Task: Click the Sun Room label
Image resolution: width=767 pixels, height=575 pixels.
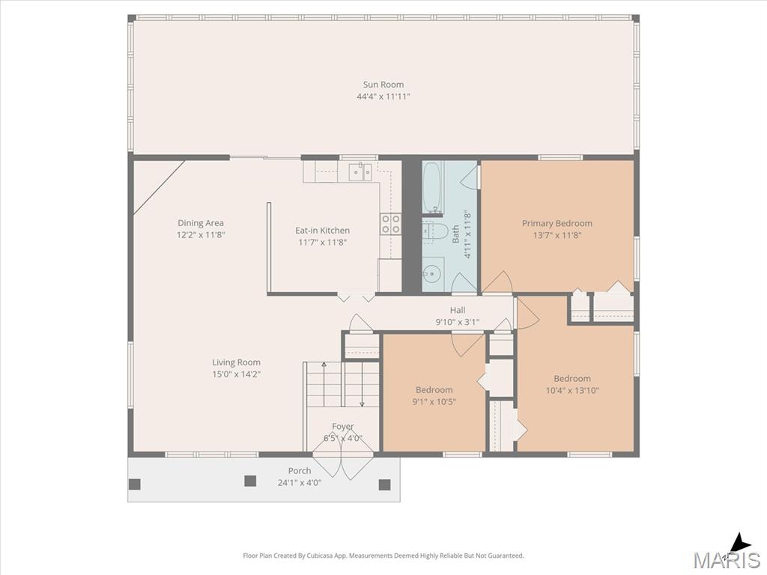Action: pos(383,85)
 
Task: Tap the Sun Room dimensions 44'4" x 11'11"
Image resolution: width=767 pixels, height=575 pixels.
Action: pos(383,97)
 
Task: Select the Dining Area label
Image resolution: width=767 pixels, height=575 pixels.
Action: pos(201,223)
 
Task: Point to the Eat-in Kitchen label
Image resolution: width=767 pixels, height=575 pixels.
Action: pos(322,231)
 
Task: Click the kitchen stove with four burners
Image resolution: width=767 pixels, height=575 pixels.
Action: pos(391,225)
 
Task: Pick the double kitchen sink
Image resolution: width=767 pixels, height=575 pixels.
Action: pos(360,171)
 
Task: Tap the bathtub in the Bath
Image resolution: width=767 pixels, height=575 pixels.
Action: pos(432,188)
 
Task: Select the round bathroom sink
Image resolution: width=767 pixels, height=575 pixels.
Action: pos(432,274)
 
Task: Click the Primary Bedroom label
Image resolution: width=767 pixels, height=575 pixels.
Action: pos(557,223)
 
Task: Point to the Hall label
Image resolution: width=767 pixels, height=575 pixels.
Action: pos(458,310)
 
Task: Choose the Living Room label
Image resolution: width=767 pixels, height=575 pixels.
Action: pos(236,362)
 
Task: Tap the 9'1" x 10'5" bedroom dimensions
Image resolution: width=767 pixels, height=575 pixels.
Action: pos(434,402)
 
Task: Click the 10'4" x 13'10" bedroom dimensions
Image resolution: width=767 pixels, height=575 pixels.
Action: pos(572,390)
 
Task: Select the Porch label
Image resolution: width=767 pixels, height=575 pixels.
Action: pos(300,471)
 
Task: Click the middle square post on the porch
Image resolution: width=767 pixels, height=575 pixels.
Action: pos(250,481)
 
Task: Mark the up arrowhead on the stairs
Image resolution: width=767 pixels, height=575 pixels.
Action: pos(324,365)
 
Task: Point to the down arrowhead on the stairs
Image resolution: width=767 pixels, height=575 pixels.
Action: pos(362,404)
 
